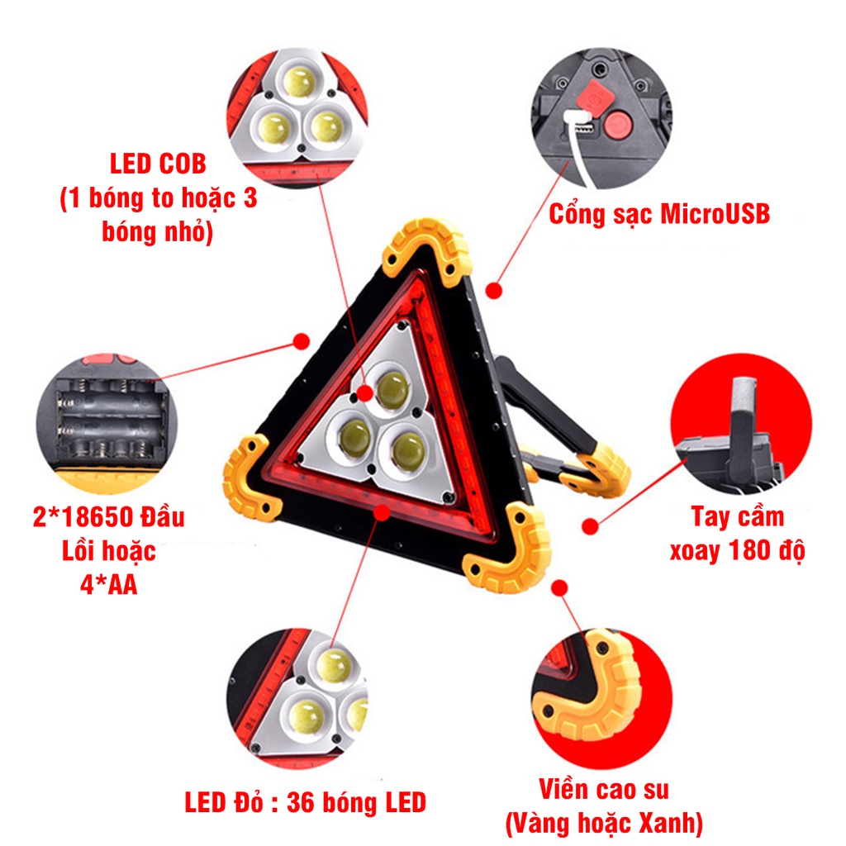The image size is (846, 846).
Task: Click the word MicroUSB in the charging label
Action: coord(715,214)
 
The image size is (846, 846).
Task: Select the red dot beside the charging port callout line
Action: coord(495,291)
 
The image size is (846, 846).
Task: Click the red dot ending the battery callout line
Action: coord(302,340)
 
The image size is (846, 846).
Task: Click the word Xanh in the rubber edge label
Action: coord(670,822)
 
